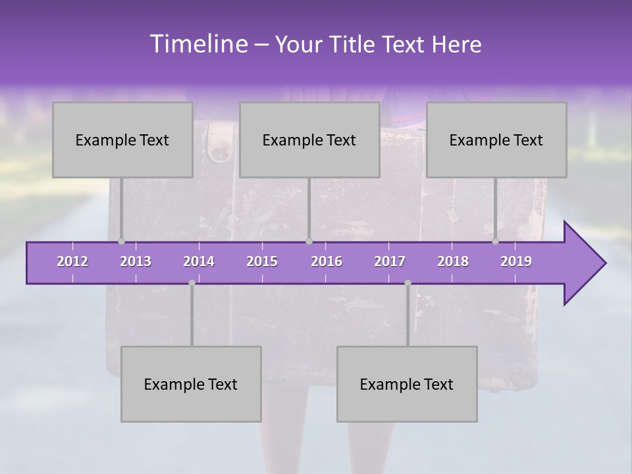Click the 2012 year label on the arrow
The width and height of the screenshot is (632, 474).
click(x=72, y=261)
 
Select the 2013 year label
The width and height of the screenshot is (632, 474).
click(x=136, y=261)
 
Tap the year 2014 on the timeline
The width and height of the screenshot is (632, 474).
click(x=199, y=261)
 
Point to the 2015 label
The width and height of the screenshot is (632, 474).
click(x=262, y=261)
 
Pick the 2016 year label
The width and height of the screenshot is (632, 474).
click(x=327, y=261)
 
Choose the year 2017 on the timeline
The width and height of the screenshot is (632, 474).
click(x=390, y=261)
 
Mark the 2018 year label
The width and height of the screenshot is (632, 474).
click(x=453, y=261)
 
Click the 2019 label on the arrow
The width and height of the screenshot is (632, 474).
click(x=516, y=261)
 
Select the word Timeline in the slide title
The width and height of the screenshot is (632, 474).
click(x=197, y=43)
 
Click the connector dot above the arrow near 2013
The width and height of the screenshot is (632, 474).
click(x=121, y=242)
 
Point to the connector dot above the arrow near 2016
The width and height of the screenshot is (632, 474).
click(x=309, y=242)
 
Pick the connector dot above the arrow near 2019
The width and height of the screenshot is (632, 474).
click(x=495, y=242)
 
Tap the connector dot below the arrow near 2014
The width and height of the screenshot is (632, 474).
click(x=192, y=283)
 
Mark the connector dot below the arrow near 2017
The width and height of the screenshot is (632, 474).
click(x=408, y=283)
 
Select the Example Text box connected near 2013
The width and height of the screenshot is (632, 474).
click(x=122, y=140)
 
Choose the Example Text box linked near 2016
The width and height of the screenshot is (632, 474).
click(x=309, y=140)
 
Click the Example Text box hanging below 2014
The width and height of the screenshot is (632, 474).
click(x=191, y=384)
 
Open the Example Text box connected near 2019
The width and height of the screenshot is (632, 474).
click(x=496, y=140)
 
